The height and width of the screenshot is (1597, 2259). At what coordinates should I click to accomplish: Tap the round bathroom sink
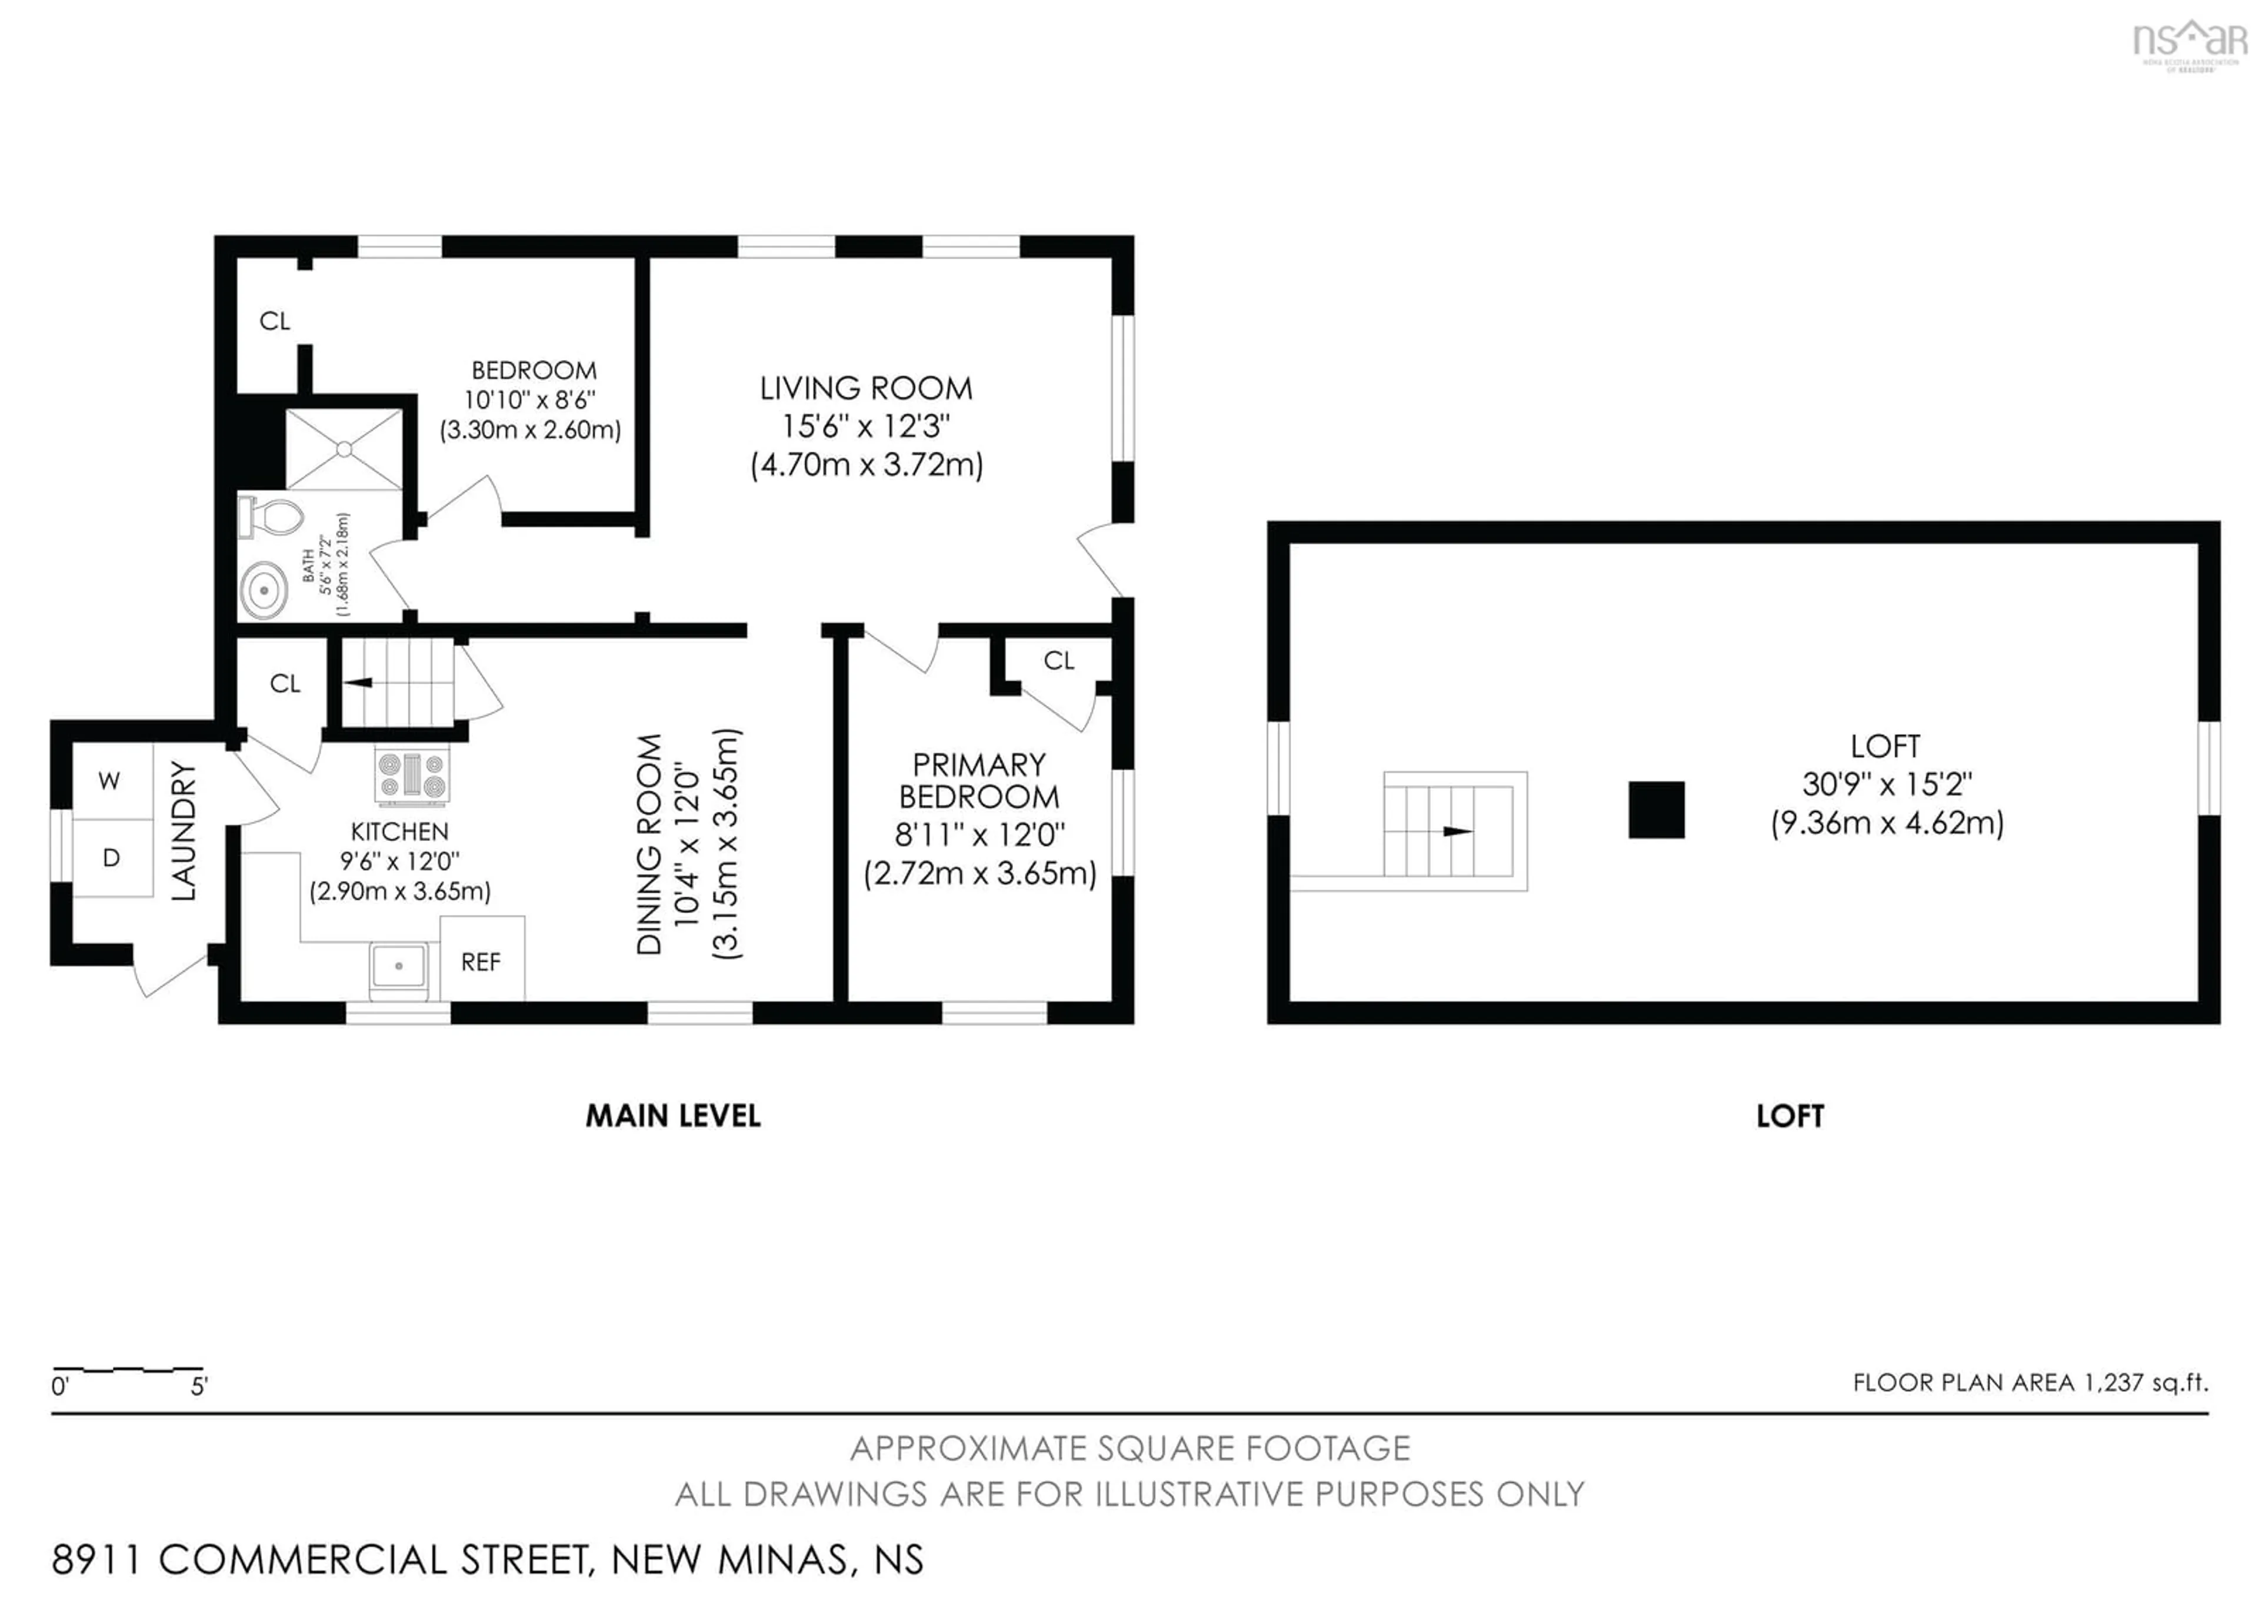tap(264, 590)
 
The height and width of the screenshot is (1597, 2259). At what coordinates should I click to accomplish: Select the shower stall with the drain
tap(344, 449)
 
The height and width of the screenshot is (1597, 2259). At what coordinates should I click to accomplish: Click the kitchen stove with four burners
tap(412, 774)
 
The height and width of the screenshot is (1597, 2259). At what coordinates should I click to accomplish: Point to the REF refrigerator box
tap(481, 961)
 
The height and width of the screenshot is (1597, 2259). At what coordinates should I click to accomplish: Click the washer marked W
tap(110, 781)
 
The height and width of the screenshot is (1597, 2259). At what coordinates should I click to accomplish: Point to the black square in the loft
tap(1656, 809)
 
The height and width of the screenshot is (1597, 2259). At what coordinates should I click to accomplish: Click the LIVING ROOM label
tap(866, 389)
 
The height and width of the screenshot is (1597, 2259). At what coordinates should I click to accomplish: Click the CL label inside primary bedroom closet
tap(1059, 660)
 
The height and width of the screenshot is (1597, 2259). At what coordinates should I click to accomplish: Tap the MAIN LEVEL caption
tap(673, 1116)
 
